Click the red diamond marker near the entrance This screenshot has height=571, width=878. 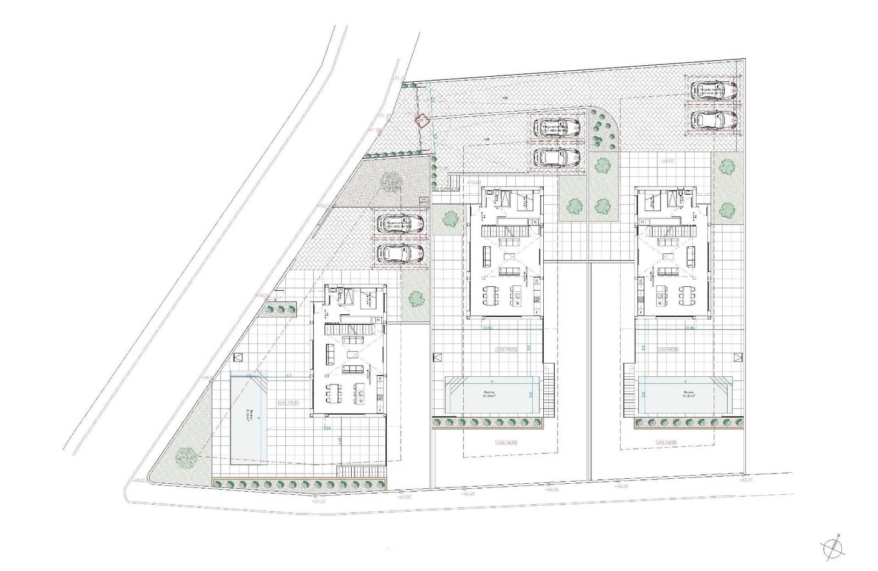421,121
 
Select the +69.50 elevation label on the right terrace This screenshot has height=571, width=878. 667,162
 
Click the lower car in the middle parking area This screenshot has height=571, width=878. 557,157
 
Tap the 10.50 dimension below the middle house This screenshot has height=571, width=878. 486,328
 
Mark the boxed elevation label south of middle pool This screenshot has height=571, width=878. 505,442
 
